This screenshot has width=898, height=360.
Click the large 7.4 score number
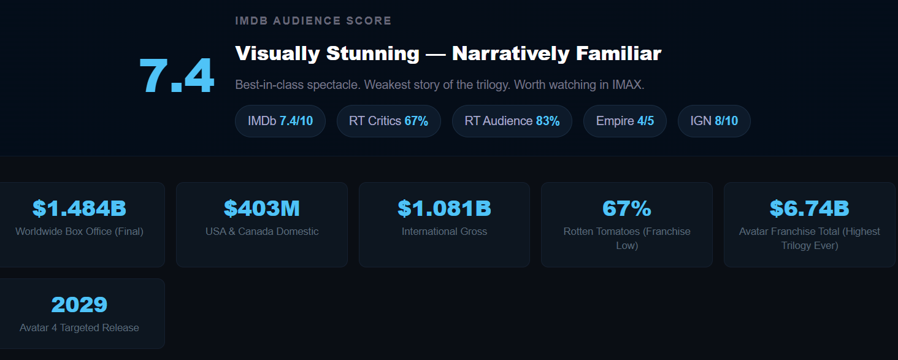(x=177, y=76)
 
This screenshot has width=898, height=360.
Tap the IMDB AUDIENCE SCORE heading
(x=313, y=21)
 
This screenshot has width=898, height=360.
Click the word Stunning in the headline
(x=372, y=53)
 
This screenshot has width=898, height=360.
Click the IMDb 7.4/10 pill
(x=280, y=121)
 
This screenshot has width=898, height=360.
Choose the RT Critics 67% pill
(x=388, y=121)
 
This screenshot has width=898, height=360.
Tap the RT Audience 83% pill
(x=512, y=121)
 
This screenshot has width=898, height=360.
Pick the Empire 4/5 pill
(x=624, y=121)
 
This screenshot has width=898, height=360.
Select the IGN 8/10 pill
(x=714, y=121)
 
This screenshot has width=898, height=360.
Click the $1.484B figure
(x=79, y=209)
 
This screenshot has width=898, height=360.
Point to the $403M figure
(x=262, y=209)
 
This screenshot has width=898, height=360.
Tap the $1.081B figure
(x=444, y=209)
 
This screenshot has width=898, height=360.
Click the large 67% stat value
(x=626, y=209)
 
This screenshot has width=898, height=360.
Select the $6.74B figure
(x=809, y=209)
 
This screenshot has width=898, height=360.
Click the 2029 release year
(x=79, y=305)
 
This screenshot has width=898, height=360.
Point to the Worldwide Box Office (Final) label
(x=79, y=231)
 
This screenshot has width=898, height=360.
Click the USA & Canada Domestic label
(x=262, y=231)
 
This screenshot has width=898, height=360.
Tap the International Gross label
(x=444, y=231)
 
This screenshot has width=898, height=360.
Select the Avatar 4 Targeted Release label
(x=79, y=327)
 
